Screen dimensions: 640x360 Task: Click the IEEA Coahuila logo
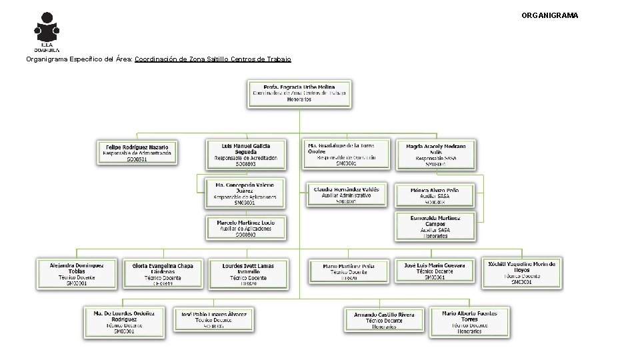(47, 31)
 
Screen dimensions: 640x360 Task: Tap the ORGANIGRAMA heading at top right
(549, 15)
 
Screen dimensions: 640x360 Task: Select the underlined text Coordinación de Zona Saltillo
(213, 59)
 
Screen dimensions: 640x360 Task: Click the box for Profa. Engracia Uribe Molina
(299, 93)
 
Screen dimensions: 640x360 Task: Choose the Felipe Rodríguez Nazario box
(137, 153)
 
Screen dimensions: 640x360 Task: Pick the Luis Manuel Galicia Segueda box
(245, 154)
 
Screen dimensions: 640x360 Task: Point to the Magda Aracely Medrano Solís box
(436, 154)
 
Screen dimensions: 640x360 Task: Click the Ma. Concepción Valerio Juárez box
(245, 193)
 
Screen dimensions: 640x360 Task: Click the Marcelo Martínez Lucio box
(245, 228)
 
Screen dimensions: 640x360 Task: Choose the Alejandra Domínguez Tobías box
(77, 273)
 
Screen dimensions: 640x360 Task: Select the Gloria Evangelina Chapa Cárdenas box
(163, 274)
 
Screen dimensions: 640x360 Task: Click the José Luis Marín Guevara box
(435, 271)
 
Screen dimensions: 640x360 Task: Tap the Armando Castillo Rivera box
(384, 320)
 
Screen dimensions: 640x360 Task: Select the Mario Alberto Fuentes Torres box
(469, 321)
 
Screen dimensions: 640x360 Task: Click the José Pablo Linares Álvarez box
(213, 320)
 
